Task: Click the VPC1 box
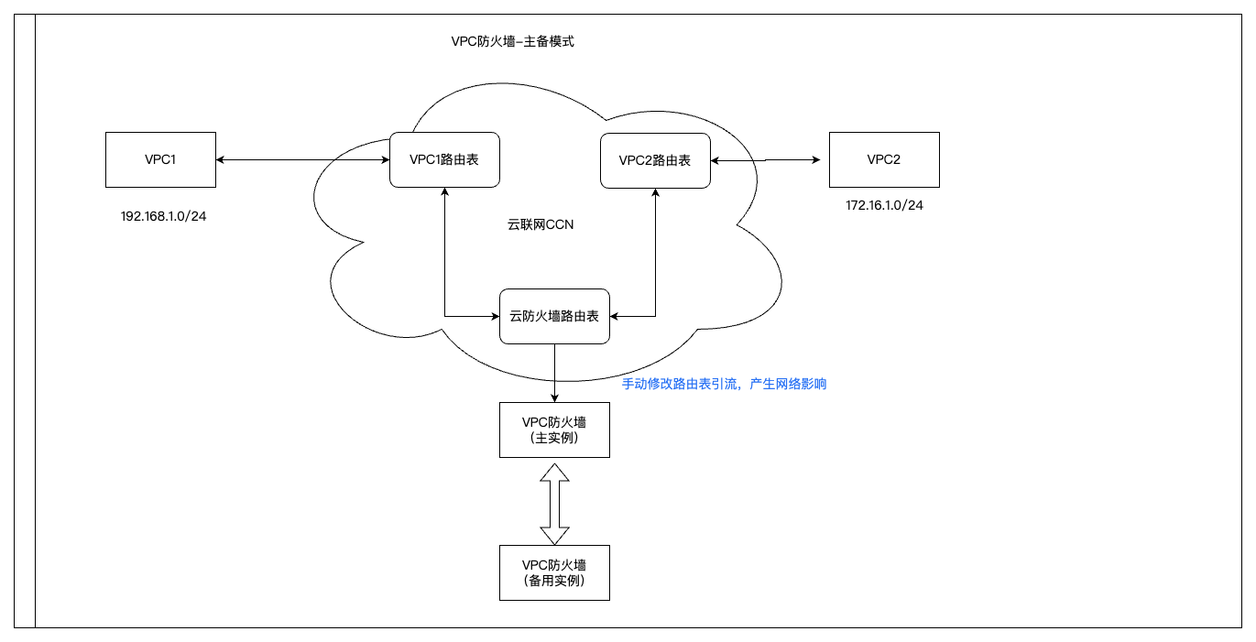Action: point(160,160)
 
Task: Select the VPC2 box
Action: point(884,160)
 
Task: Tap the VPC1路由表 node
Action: point(444,160)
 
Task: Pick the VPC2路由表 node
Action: point(655,160)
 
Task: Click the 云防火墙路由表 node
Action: point(554,316)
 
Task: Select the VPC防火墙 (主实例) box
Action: point(554,430)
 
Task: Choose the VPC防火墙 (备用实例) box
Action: point(554,572)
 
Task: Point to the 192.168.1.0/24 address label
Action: point(163,217)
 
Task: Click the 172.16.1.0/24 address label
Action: point(884,205)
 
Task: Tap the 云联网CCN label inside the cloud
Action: point(540,224)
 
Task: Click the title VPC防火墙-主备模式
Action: point(512,41)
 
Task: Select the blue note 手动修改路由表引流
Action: point(724,384)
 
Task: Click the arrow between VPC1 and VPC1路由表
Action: point(302,160)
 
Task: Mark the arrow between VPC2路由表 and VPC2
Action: point(765,160)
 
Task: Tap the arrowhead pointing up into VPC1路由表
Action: point(444,193)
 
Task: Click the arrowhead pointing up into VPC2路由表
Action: point(655,193)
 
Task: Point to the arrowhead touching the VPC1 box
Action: point(221,160)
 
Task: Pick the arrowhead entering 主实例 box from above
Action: point(554,397)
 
